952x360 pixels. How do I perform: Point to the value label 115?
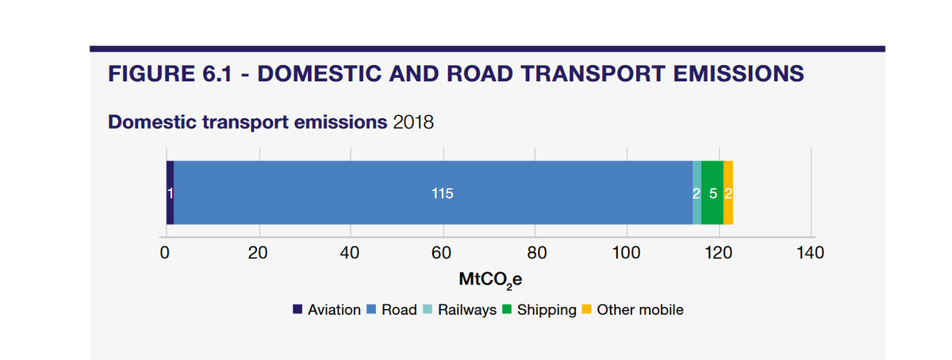(x=442, y=193)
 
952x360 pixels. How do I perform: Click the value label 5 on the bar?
(x=712, y=193)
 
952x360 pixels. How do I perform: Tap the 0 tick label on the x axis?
(x=164, y=254)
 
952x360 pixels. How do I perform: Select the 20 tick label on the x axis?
(x=257, y=254)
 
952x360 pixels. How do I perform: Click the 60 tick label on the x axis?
(x=442, y=254)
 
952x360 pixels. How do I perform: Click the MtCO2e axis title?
(x=489, y=281)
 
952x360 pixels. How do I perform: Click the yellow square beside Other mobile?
(x=587, y=310)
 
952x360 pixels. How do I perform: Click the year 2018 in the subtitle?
(x=413, y=123)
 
